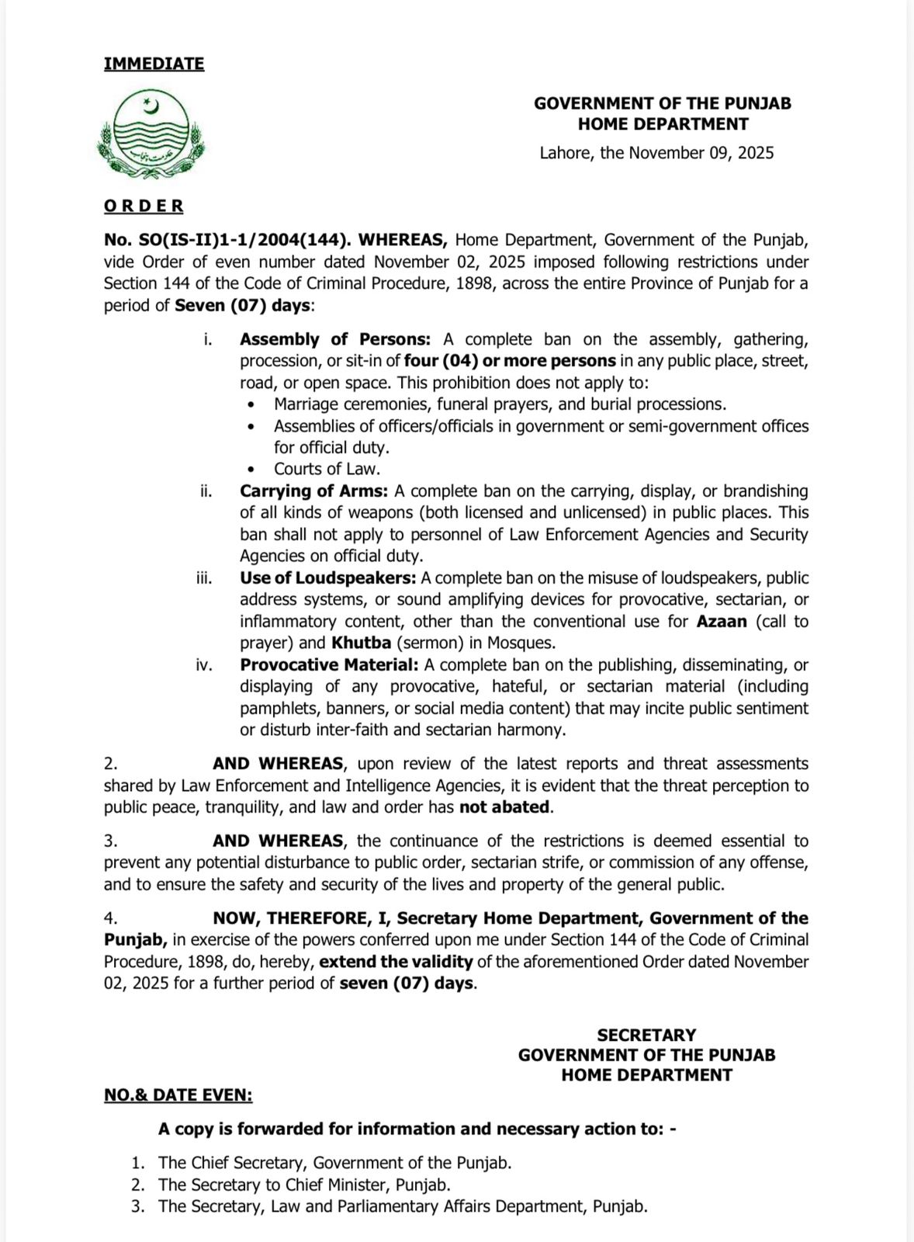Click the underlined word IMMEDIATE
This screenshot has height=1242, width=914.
[154, 64]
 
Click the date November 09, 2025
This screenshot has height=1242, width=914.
[701, 153]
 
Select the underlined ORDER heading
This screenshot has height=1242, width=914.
[144, 206]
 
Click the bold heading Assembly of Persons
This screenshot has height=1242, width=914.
[334, 339]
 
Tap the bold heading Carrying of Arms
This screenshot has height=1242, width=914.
[313, 491]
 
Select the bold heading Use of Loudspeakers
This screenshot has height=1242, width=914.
[327, 578]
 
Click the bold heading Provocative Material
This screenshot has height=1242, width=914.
[329, 665]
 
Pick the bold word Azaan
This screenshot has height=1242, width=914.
[722, 622]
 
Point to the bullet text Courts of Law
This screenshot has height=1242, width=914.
[327, 469]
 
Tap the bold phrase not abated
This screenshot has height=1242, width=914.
[504, 807]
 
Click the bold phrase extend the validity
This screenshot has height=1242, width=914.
[396, 962]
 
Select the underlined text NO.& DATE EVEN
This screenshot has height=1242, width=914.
[178, 1095]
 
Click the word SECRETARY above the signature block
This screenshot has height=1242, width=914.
[646, 1035]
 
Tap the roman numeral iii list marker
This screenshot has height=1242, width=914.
[204, 578]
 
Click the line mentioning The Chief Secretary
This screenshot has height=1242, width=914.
[334, 1163]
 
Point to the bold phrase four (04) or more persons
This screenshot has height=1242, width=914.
[510, 361]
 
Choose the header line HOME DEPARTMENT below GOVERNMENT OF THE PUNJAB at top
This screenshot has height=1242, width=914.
[663, 124]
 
